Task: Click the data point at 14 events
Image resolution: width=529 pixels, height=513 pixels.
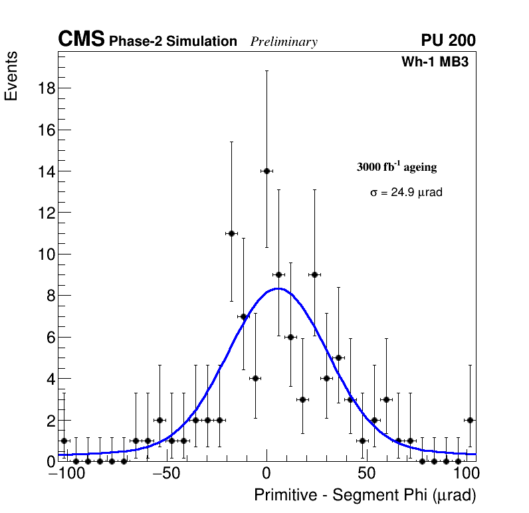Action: coord(266,171)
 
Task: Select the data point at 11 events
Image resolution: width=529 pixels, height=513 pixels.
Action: coord(231,233)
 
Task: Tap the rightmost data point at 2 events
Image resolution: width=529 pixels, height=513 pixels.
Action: coord(470,420)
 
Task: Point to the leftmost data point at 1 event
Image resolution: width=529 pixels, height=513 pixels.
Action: coord(64,441)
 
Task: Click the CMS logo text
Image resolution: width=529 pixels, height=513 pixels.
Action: coord(81,40)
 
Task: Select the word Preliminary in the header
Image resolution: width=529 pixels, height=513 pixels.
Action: coord(284,42)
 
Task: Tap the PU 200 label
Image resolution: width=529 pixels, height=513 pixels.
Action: coord(448,41)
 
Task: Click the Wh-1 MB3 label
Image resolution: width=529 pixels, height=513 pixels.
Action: coord(435,62)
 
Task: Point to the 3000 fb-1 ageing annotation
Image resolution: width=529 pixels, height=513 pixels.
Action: coord(397,167)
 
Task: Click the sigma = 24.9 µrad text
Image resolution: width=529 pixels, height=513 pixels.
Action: coord(406,193)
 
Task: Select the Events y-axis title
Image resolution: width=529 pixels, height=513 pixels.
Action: coord(11,76)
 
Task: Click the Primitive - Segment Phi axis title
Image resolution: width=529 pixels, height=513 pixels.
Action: coord(365,495)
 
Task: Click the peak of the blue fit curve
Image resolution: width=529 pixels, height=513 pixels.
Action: coord(278,288)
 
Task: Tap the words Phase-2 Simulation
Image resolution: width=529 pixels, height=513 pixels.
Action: coord(173,42)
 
